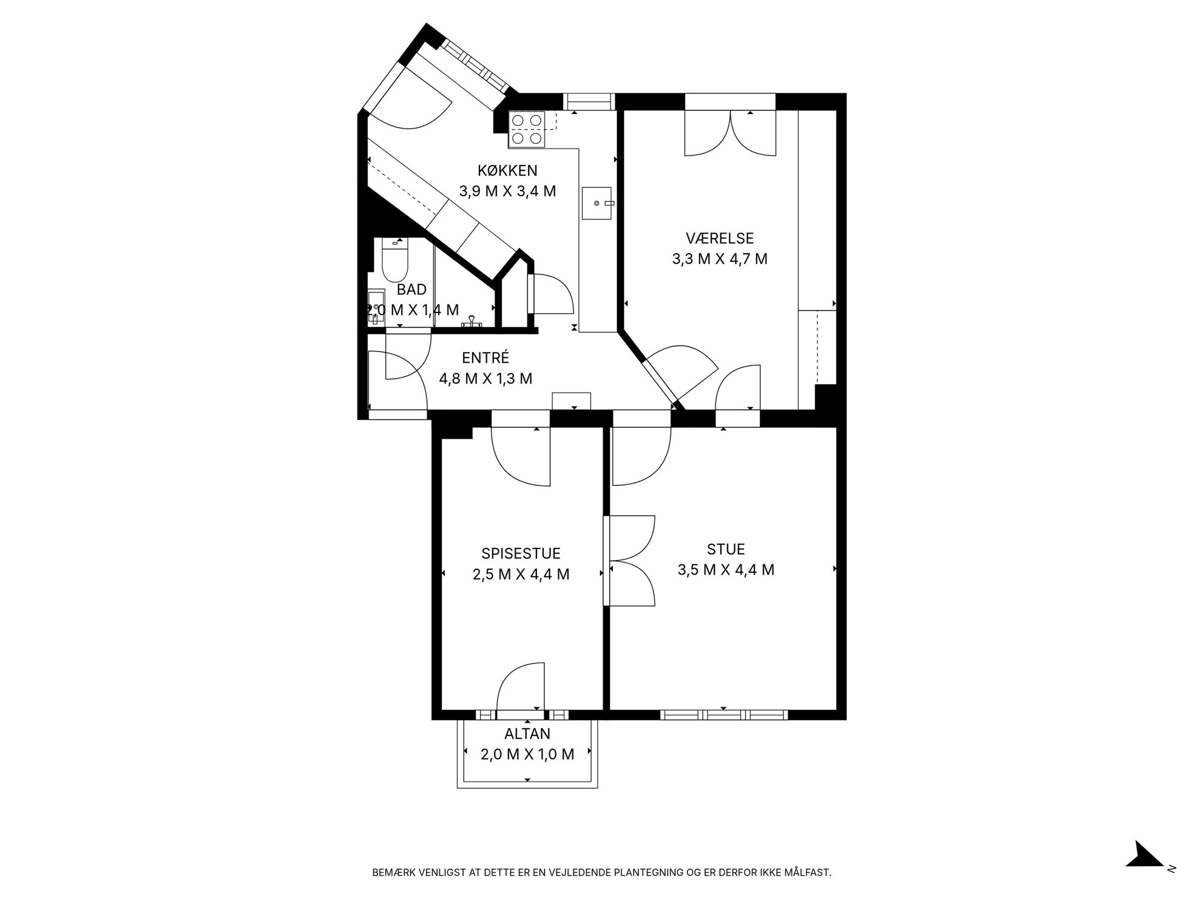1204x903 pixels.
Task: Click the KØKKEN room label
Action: pos(507,171)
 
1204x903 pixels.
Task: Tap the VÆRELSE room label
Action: pos(720,238)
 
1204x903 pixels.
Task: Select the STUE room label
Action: pos(726,549)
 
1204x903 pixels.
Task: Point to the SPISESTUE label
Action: pos(521,553)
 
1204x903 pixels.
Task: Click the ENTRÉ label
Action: pos(485,358)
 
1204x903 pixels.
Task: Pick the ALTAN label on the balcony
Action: pos(527,734)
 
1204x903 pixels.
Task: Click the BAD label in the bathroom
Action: pos(411,289)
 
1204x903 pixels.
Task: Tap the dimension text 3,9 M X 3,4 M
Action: pos(507,191)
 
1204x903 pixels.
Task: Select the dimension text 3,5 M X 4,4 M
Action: pos(726,570)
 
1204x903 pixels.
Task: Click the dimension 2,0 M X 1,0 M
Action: pos(527,754)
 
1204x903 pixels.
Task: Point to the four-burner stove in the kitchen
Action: pos(526,129)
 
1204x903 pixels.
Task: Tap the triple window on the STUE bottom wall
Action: pos(724,714)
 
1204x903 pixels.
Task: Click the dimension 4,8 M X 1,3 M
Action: pos(485,379)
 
